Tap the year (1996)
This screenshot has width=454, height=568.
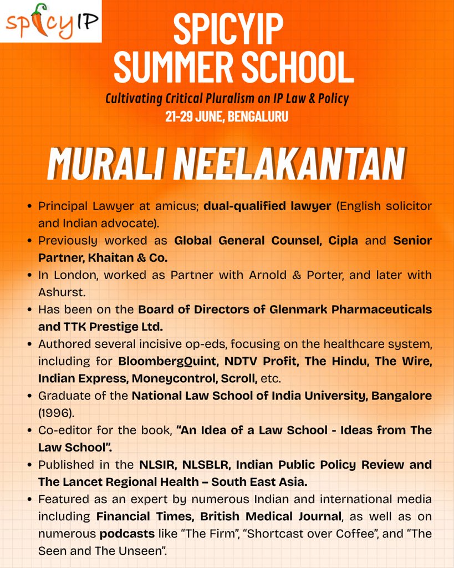[54, 413]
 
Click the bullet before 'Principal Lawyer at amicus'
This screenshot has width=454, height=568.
[29, 206]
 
